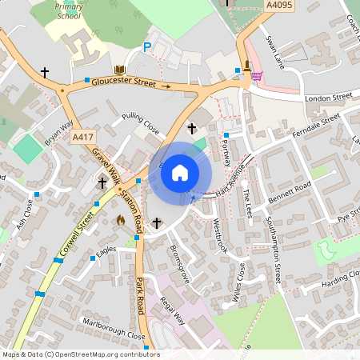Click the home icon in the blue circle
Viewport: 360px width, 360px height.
180,172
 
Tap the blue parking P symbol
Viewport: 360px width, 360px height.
146,48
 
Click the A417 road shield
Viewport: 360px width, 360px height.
82,138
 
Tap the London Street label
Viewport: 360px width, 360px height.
329,98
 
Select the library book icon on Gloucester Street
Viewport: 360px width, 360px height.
119,71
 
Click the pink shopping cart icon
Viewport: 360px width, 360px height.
257,76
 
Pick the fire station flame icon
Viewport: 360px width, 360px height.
121,220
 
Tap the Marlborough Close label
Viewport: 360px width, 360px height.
114,329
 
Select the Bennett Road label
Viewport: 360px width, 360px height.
289,193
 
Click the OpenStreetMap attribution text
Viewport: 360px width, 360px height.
80,354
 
